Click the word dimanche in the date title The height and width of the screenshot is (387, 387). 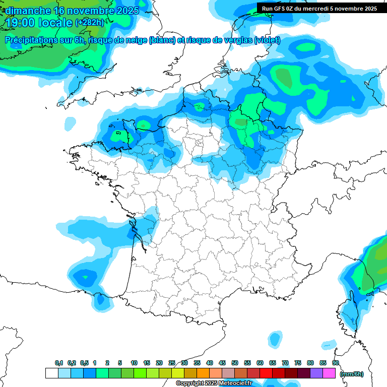(28, 10)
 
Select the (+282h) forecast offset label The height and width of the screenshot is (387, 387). (89, 22)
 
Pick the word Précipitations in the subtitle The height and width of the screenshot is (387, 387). (31, 40)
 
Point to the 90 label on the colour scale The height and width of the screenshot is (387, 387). (336, 363)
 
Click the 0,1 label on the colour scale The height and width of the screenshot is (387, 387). (58, 363)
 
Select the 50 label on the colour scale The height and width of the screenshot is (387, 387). (235, 363)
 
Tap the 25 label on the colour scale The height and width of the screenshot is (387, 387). (172, 363)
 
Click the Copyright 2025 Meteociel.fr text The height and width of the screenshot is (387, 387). (214, 383)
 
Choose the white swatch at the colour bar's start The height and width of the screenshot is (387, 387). (51, 373)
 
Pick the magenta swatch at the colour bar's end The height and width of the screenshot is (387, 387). (329, 373)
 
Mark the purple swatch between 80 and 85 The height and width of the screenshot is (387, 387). (316, 373)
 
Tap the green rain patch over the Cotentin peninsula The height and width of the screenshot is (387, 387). (119, 135)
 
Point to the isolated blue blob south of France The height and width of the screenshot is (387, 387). (275, 339)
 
